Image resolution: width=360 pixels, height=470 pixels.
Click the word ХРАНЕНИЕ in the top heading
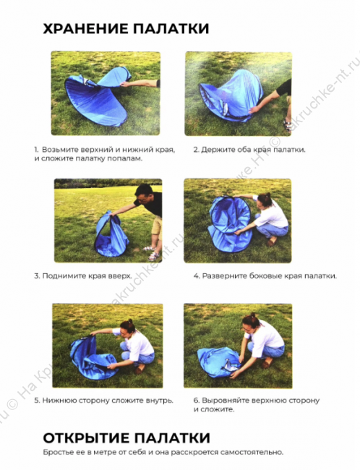[x=85, y=29]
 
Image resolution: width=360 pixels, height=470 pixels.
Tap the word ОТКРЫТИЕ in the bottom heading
[x=86, y=438]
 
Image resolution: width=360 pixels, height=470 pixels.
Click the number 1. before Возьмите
[x=36, y=150]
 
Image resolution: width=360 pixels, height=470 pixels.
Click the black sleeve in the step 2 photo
[x=284, y=87]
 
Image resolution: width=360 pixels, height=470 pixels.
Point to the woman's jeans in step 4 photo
[x=273, y=229]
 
